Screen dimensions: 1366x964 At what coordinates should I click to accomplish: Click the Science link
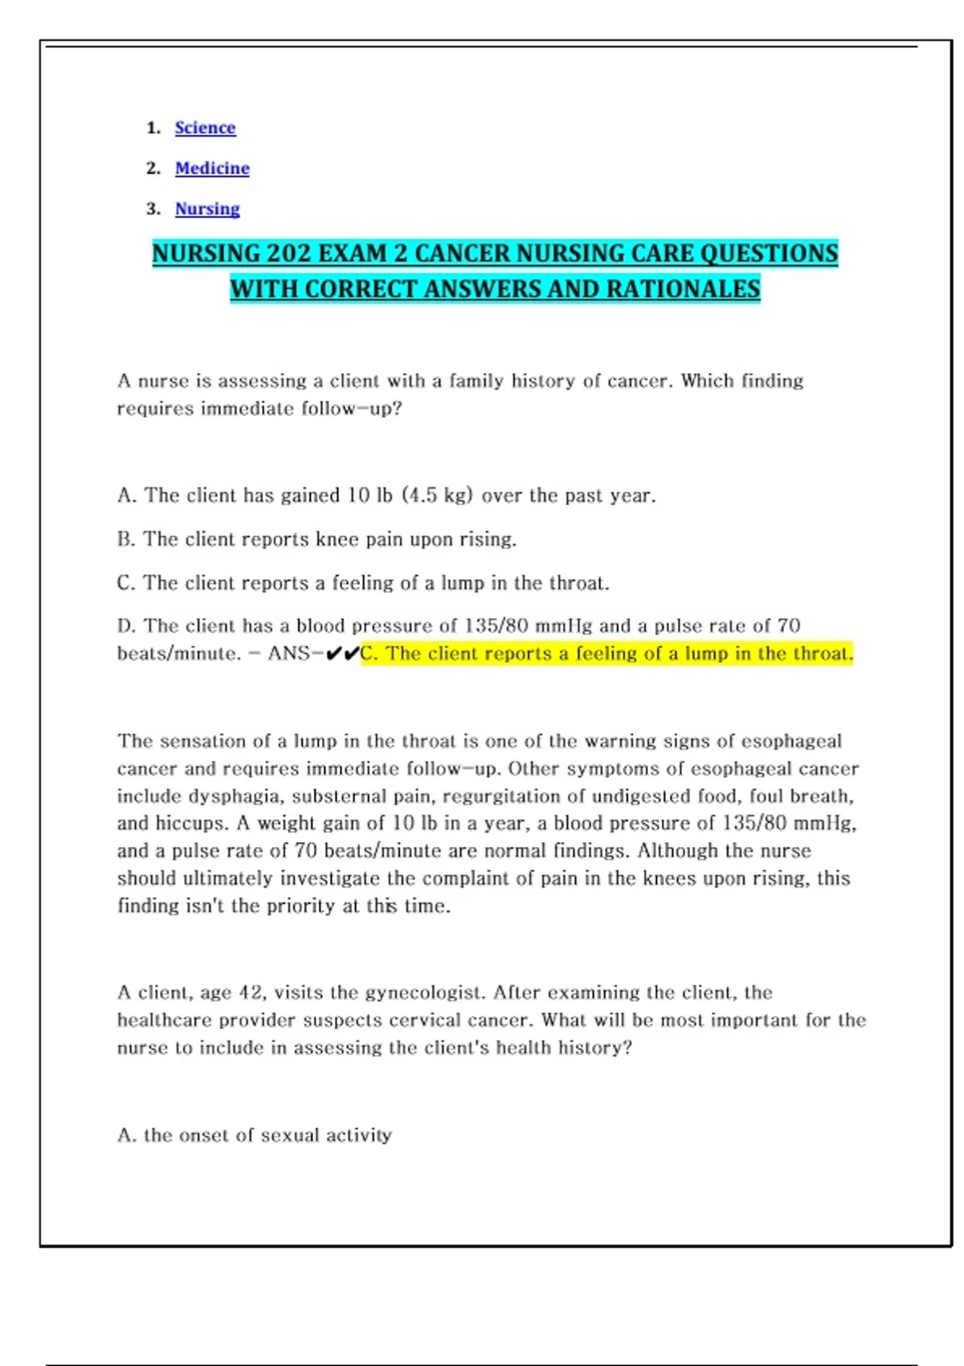tap(205, 128)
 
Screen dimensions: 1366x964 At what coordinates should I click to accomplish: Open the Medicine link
tap(212, 168)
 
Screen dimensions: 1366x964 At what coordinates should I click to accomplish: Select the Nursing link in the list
tap(207, 209)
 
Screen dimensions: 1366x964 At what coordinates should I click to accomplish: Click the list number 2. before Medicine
tap(153, 168)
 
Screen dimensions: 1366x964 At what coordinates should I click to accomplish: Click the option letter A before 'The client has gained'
tap(125, 496)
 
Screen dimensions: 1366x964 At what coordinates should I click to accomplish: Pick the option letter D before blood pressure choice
tap(126, 626)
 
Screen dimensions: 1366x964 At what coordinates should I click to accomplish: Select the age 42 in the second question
tap(251, 993)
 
